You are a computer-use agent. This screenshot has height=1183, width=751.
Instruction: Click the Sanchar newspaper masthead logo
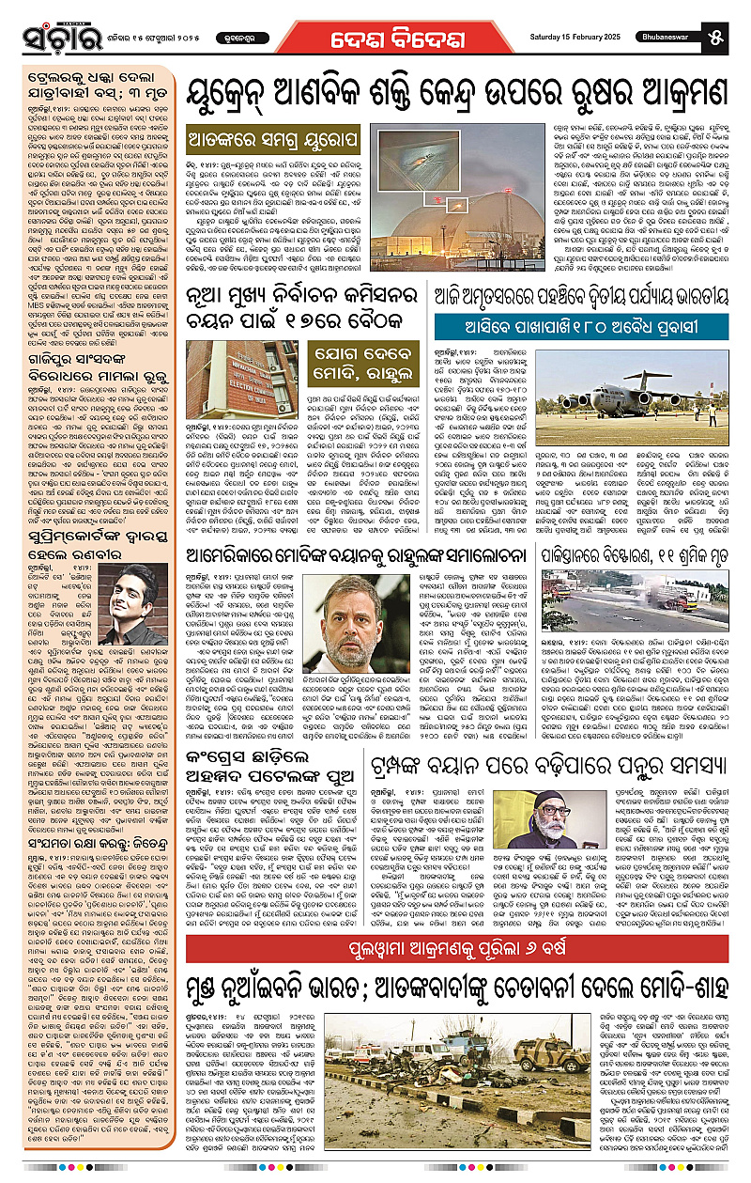click(x=58, y=34)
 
